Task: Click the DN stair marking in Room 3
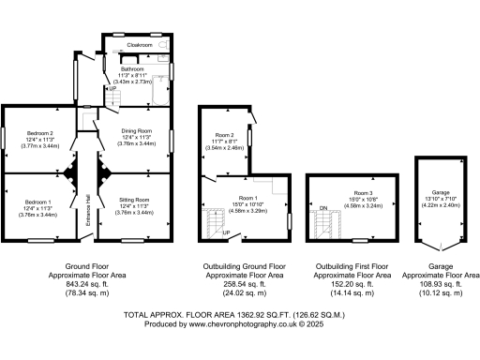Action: tap(322, 207)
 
